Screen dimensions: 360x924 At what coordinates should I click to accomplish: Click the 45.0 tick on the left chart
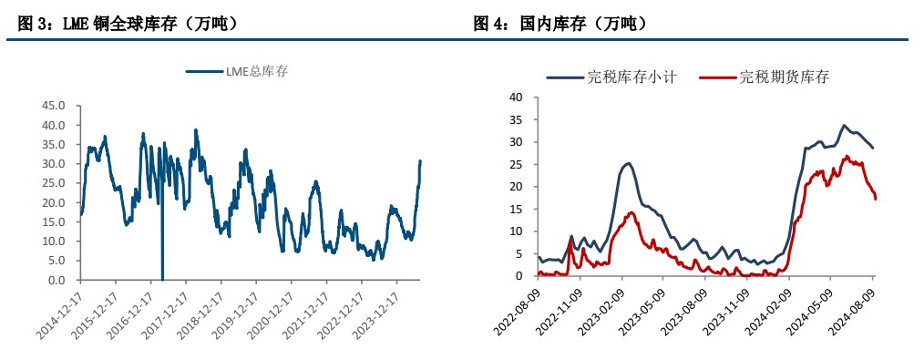pyautogui.click(x=54, y=105)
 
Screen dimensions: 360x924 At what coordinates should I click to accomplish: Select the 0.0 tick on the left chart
pyautogui.click(x=57, y=280)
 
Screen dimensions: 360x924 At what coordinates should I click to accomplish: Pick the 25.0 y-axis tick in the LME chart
pyautogui.click(x=54, y=183)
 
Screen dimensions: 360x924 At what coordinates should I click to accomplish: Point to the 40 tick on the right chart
pyautogui.click(x=515, y=98)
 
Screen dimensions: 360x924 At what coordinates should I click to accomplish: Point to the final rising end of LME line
pyautogui.click(x=420, y=161)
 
